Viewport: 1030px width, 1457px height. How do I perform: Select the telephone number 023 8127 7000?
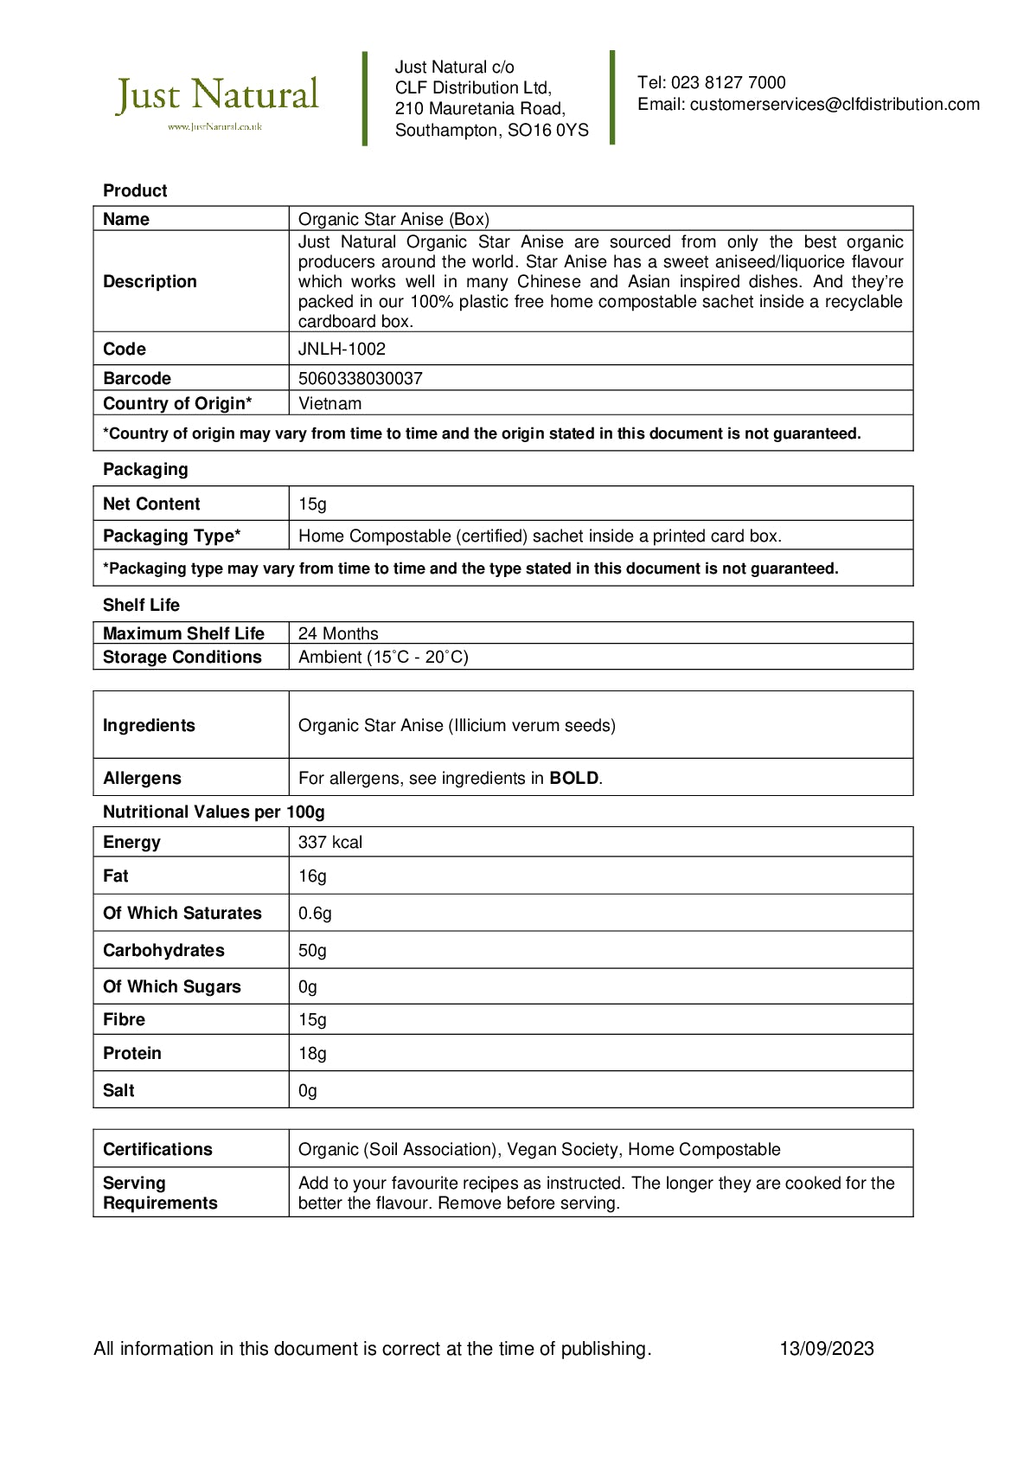coord(728,83)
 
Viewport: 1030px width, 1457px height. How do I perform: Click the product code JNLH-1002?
coord(342,350)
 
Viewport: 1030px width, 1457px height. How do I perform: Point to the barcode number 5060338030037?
coord(360,379)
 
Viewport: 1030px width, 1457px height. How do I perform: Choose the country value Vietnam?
coord(330,404)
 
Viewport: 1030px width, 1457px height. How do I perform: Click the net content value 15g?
coord(312,504)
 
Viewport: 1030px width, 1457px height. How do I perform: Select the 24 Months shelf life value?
coord(338,634)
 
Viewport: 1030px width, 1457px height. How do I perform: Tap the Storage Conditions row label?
coord(182,658)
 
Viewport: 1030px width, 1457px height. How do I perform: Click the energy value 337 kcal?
coord(330,843)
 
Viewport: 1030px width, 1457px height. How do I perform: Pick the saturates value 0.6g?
coord(315,914)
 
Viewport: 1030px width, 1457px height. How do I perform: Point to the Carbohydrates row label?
coord(163,951)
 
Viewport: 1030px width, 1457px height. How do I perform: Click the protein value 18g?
coord(312,1054)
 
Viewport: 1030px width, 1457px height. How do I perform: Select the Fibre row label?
coord(124,1020)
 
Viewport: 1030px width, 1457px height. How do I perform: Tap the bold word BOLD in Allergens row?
coord(574,779)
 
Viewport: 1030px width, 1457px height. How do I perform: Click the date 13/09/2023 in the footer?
coord(827,1349)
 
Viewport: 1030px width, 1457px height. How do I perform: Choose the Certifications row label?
coord(157,1150)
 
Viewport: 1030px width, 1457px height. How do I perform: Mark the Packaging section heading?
coord(145,470)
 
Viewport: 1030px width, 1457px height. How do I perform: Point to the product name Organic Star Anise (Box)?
coord(393,220)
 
